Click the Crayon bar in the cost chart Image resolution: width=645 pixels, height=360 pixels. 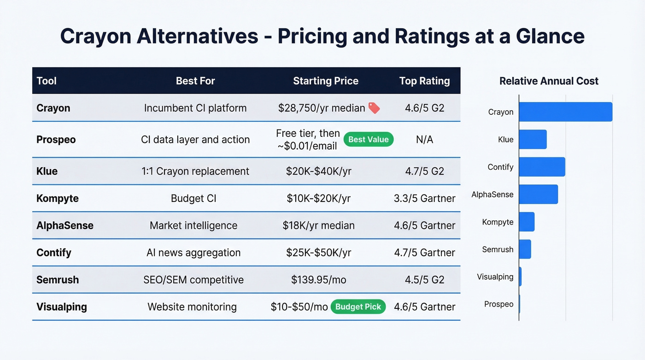click(x=565, y=112)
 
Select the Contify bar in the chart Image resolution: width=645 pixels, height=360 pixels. click(x=542, y=167)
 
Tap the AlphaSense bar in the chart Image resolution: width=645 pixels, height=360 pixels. click(x=538, y=195)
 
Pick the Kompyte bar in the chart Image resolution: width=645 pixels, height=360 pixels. click(x=527, y=222)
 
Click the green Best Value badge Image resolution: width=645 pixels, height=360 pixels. click(x=369, y=139)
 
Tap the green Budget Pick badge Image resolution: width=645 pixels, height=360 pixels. click(x=358, y=307)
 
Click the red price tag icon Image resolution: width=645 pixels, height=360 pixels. click(x=374, y=108)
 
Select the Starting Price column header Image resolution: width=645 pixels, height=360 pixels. click(x=325, y=81)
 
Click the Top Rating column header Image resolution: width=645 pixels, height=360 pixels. click(x=424, y=81)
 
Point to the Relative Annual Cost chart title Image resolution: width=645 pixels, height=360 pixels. click(x=549, y=81)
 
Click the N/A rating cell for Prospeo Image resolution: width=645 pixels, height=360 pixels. click(x=424, y=140)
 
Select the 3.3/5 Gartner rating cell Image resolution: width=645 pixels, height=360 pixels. click(x=424, y=199)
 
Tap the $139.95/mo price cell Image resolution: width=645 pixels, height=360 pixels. click(x=318, y=280)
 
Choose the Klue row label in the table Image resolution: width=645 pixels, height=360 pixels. click(x=47, y=171)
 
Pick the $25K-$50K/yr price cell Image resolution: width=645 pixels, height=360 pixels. click(x=318, y=253)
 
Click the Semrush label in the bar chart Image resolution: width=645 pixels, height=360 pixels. click(x=498, y=249)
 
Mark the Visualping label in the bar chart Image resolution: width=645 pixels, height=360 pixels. click(x=495, y=277)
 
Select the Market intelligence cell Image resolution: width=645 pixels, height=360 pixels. click(x=193, y=226)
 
